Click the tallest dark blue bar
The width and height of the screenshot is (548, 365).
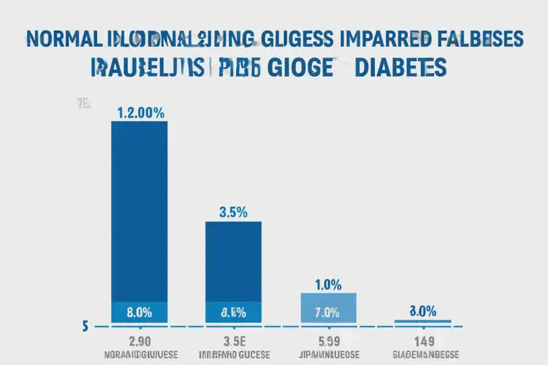coord(139,212)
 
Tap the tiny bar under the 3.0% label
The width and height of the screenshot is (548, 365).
coord(422,321)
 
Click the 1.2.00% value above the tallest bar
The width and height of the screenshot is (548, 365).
coord(140,112)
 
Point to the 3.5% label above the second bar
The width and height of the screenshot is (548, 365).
coord(234,212)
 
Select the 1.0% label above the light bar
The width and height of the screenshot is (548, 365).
coord(327,284)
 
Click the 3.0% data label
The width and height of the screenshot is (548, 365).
coord(422,310)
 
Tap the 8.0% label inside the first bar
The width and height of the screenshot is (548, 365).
coord(139,312)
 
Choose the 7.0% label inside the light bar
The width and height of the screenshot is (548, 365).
coord(327,312)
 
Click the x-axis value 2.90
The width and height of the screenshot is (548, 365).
coord(139,341)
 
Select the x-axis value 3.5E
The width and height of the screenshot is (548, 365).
coord(234,341)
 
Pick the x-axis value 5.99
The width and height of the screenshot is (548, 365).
coord(328,341)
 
